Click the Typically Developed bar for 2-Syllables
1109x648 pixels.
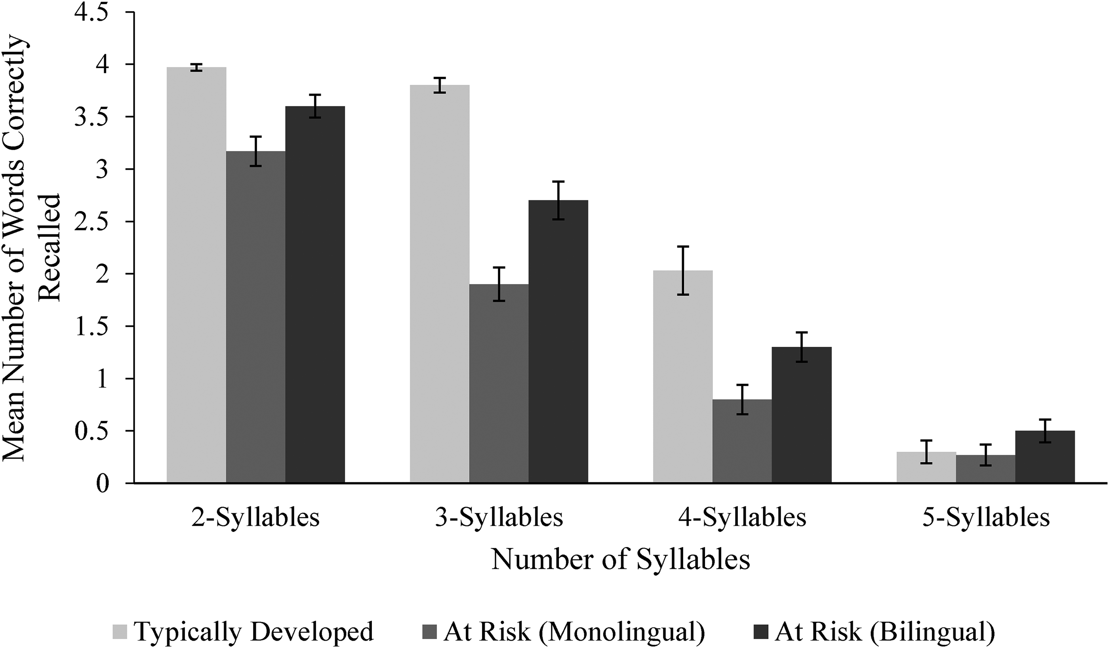196,275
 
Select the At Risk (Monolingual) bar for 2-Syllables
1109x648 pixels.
256,317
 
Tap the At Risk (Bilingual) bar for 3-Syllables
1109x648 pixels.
558,341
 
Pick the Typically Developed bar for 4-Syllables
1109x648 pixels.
682,377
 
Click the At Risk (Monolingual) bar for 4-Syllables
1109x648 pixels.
742,441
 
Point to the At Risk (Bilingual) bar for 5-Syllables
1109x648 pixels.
1045,457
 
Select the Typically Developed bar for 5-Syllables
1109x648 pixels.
926,467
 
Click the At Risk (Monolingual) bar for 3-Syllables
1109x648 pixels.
499,383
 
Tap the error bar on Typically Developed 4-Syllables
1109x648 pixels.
682,270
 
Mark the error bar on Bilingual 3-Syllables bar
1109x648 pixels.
558,200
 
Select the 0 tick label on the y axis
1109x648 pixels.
102,484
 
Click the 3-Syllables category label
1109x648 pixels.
499,518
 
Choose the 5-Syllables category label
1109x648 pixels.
986,518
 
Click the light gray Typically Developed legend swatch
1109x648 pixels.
120,632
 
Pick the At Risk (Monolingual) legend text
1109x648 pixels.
574,632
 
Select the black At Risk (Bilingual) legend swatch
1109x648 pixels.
760,632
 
